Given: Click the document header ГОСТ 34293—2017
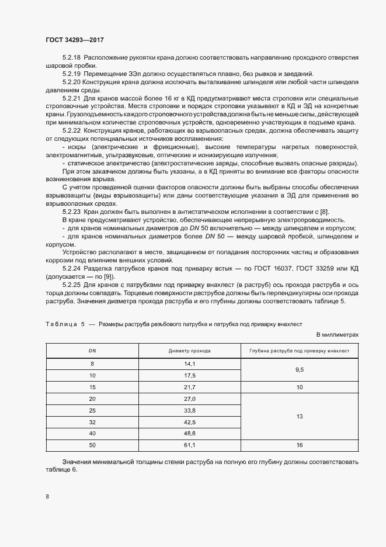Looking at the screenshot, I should coord(75,39).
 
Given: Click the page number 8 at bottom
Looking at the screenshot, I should coord(47,497).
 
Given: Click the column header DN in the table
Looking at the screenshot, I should coord(92,351).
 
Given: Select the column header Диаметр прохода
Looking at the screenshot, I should coord(189,351).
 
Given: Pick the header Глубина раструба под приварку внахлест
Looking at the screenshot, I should coord(299,351).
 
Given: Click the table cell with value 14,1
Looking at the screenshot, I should coord(189,363).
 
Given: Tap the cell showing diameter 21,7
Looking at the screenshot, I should coord(189,387).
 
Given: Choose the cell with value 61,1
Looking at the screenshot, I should coord(189,445).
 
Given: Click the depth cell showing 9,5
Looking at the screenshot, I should coord(299,369).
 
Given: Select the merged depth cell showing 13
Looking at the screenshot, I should coord(299,417).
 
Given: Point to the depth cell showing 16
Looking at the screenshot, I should coord(299,445).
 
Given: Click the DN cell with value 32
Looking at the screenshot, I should coord(92,422).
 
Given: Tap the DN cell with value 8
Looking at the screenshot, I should coord(92,363).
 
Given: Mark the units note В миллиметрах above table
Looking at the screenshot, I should coord(337,334).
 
